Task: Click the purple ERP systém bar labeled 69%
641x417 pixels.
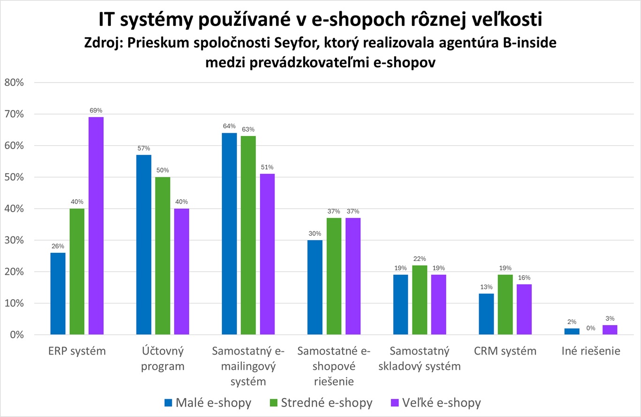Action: click(x=96, y=226)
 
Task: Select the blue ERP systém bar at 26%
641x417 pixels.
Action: click(x=58, y=294)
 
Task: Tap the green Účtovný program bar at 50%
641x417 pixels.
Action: click(x=163, y=256)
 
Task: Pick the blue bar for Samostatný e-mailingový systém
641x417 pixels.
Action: click(x=229, y=234)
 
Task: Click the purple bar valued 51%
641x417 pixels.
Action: click(x=267, y=254)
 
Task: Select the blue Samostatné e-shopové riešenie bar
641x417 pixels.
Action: click(x=315, y=287)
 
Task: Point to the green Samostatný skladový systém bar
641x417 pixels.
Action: click(x=420, y=300)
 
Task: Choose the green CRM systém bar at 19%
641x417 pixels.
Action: click(x=505, y=304)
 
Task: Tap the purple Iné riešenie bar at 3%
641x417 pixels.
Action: click(x=610, y=330)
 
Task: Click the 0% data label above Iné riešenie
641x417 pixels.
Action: click(x=590, y=327)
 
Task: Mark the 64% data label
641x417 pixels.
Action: click(x=229, y=126)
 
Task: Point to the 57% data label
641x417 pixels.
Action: click(x=144, y=148)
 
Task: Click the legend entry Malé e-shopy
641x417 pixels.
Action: click(x=208, y=402)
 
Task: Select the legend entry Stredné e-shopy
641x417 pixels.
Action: click(x=321, y=402)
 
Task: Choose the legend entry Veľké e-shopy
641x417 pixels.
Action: click(x=435, y=402)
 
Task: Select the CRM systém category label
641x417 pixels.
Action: click(x=505, y=351)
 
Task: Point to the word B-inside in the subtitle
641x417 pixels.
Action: click(x=530, y=43)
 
